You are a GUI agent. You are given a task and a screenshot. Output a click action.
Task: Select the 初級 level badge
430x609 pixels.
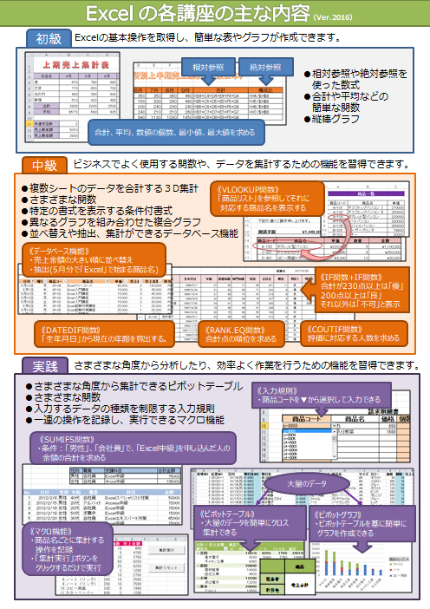coord(49,39)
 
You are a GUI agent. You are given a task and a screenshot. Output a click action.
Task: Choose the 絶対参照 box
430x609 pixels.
coord(265,67)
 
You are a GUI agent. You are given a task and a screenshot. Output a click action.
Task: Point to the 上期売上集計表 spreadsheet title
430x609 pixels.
coord(68,65)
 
